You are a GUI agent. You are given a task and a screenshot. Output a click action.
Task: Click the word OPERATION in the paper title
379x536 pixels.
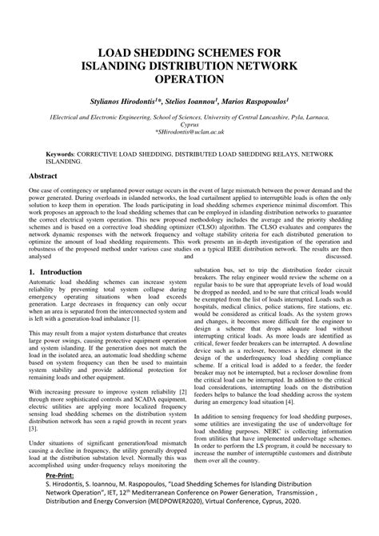(x=189, y=80)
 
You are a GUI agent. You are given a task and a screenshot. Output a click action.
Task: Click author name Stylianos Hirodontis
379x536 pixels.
(x=127, y=103)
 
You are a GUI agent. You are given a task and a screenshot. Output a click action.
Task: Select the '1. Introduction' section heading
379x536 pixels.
(x=55, y=272)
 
